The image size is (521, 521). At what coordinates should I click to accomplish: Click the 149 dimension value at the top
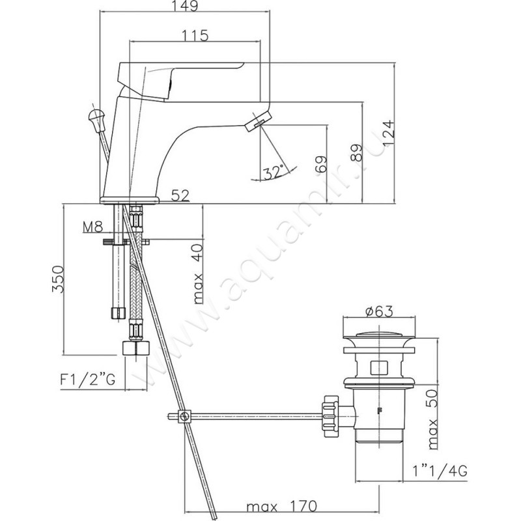point(186,6)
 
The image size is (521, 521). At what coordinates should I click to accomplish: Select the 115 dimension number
point(195,35)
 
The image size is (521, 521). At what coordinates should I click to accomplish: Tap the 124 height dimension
point(388,133)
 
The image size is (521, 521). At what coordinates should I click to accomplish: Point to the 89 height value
point(356,152)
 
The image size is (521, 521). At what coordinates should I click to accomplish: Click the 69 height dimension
point(321,164)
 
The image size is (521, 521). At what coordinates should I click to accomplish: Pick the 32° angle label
point(274,172)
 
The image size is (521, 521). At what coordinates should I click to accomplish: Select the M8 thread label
point(92,227)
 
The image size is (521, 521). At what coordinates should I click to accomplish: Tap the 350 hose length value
point(58,279)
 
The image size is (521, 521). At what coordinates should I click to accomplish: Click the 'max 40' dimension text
point(198,274)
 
